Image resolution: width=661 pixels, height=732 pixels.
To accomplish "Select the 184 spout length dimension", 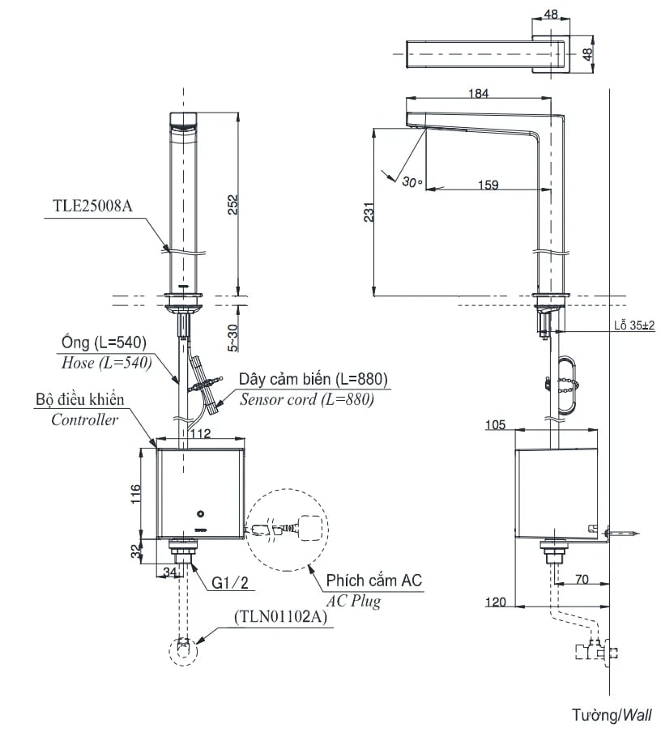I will pos(479,93).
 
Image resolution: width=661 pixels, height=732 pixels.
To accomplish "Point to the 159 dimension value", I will pos(488,185).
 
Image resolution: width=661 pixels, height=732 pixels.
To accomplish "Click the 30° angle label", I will pos(412,182).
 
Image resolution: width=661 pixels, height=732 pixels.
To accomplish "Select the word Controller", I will pos(84,419).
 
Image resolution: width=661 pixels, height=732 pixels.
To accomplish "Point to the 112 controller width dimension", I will pos(200,434).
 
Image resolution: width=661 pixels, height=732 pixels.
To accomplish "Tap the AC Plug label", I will pos(353,602).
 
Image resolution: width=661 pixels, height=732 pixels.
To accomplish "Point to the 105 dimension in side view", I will pos(496,424).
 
